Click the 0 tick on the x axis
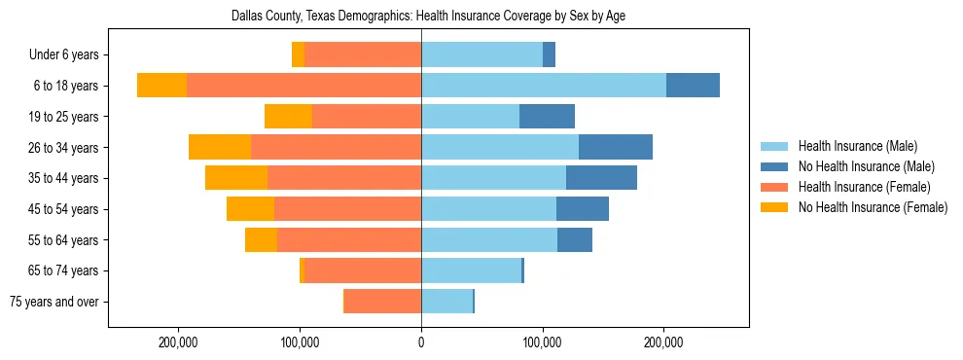click(x=421, y=342)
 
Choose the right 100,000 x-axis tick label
click(x=542, y=342)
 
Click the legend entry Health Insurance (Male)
click(x=857, y=146)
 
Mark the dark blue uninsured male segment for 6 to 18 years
click(x=693, y=86)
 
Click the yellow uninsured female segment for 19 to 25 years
click(x=288, y=117)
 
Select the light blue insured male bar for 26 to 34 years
click(x=499, y=148)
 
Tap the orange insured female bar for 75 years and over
click(x=383, y=302)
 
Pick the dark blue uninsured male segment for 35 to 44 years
click(x=601, y=178)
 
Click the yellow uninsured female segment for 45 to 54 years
click(x=250, y=209)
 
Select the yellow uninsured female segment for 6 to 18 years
click(x=161, y=86)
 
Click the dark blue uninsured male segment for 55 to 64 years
click(x=575, y=240)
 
